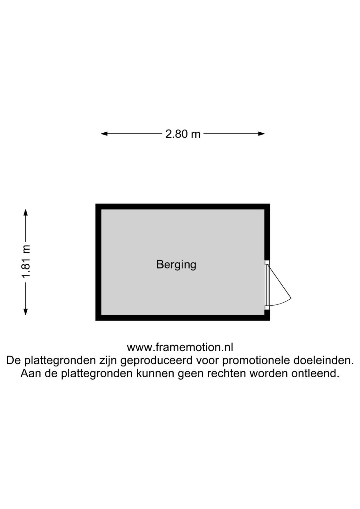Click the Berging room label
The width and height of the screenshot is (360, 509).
tap(176, 265)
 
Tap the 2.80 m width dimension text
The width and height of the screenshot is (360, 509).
tap(183, 134)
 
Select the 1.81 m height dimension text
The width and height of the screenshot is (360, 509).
tap(26, 261)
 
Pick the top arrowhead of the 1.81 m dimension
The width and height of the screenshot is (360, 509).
tap(26, 213)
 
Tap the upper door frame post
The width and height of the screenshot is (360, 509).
tap(267, 262)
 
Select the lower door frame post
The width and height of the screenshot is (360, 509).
tap(267, 308)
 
